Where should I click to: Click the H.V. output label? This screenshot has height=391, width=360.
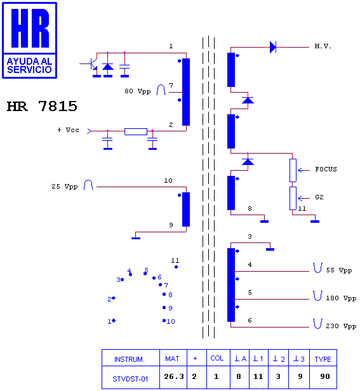pos(323,46)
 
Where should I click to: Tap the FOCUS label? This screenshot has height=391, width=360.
pos(326,169)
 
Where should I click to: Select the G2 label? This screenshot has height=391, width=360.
pos(319,197)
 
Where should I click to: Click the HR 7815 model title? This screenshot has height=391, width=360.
pos(42,106)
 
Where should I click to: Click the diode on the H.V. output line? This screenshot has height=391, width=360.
pos(273,47)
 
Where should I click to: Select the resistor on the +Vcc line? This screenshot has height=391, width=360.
pos(136,131)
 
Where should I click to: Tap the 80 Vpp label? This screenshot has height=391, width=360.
pos(138,91)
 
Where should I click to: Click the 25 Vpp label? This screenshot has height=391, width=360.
pos(65,187)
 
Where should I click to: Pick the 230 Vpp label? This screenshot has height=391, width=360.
pos(341,326)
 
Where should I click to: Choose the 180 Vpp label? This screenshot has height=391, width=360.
pos(341,298)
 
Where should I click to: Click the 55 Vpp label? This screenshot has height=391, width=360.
pos(339,270)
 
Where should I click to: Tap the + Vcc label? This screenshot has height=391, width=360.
pos(68,130)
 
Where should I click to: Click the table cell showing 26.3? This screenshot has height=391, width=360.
pos(173,376)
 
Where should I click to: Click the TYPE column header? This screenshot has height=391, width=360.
pos(323,359)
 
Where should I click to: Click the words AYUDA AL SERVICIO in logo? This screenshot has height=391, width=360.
pos(29,65)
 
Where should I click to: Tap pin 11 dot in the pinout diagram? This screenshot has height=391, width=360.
pos(176,267)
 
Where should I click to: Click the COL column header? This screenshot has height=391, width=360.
pos(217,359)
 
